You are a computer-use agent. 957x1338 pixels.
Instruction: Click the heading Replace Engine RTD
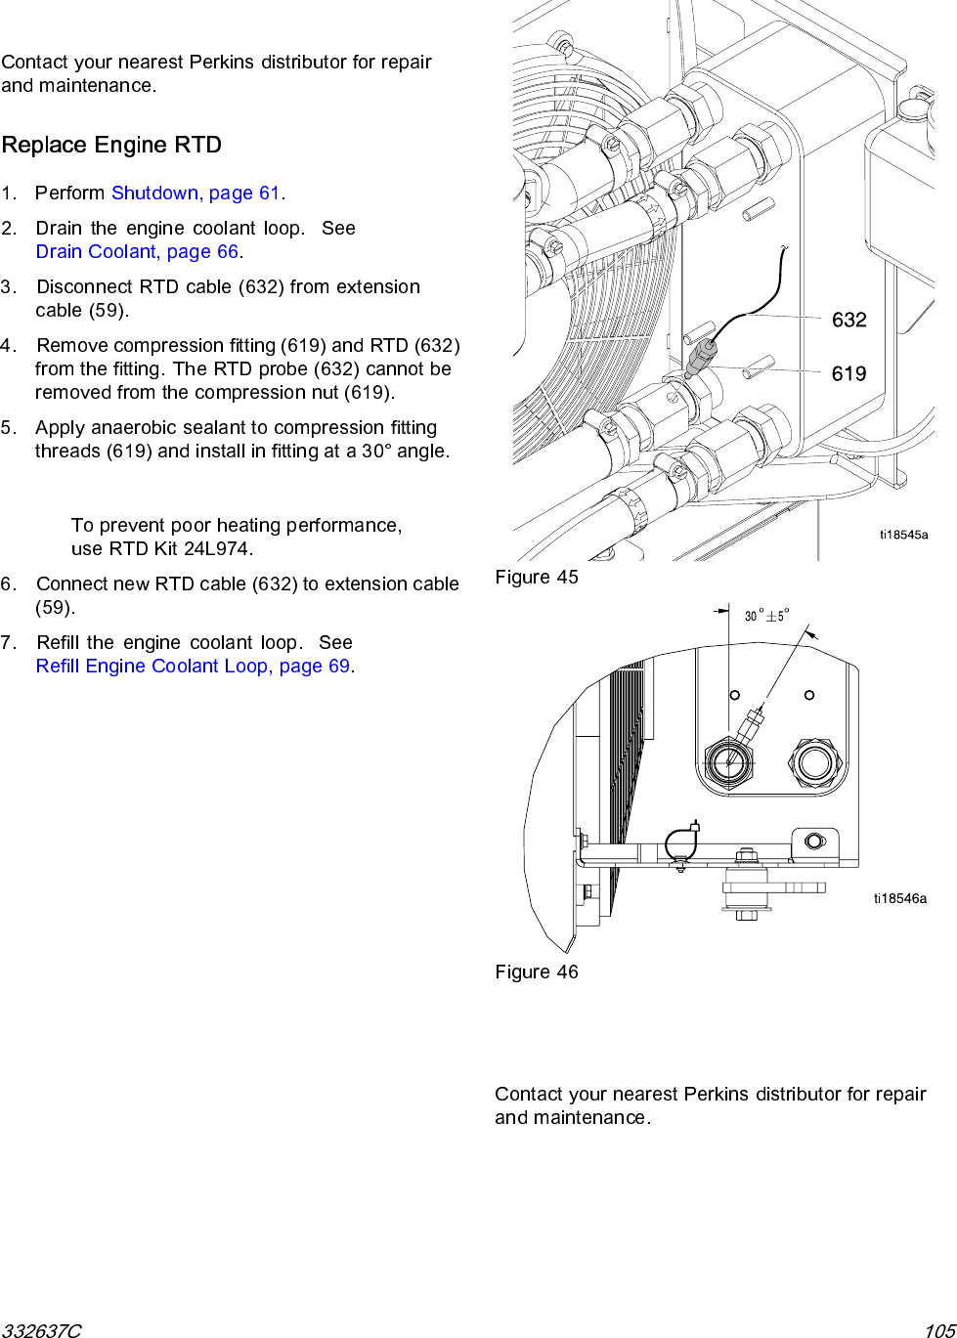click(111, 145)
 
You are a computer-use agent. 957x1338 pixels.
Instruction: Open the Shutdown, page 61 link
click(196, 193)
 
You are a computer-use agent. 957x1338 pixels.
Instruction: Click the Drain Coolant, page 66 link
click(137, 251)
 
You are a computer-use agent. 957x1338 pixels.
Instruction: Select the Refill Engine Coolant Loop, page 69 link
click(193, 666)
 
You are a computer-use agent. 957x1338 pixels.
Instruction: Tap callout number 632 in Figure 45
click(848, 320)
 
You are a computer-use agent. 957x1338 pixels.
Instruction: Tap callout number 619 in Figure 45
click(848, 373)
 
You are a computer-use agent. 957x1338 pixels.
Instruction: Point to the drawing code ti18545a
click(903, 535)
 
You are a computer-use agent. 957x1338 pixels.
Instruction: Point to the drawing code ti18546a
click(900, 898)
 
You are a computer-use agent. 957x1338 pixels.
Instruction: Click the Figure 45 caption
click(537, 577)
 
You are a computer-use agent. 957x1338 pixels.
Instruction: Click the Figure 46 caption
click(537, 971)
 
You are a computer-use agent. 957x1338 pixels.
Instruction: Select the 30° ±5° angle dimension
click(766, 616)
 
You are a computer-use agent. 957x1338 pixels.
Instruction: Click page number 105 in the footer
click(939, 1330)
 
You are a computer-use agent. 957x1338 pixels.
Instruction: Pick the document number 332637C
click(41, 1330)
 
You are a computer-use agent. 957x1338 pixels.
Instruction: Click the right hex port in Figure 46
click(814, 761)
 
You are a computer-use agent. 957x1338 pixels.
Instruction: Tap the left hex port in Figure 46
click(729, 761)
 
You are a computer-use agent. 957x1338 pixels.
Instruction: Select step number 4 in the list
click(8, 345)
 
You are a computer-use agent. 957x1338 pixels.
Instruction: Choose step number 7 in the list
click(8, 642)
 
